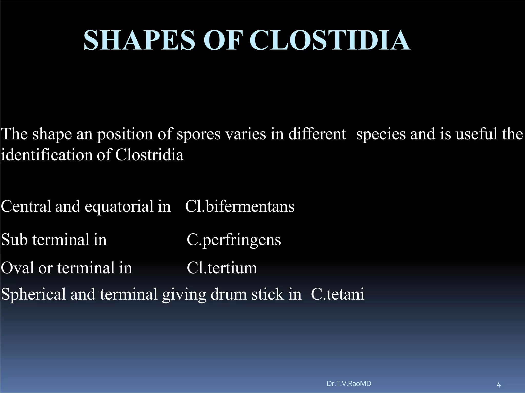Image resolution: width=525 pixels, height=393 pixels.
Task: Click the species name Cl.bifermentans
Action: (240, 206)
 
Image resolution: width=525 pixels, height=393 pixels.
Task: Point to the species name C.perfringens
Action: (234, 240)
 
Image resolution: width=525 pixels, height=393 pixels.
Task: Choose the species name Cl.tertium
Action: (222, 268)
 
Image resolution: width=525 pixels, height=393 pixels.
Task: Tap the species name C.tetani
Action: (337, 294)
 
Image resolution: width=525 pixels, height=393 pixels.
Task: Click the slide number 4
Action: (499, 385)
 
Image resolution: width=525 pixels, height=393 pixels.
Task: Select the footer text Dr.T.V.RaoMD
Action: (349, 384)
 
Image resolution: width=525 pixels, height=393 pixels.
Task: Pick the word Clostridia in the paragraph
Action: (149, 155)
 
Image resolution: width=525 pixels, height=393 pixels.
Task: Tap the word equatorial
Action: (119, 206)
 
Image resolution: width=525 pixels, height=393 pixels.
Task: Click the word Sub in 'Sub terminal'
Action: (14, 240)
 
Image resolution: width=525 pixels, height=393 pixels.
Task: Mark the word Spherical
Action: (33, 294)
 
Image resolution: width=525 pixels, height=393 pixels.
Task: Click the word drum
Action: (229, 294)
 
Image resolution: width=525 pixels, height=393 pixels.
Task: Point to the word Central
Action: (26, 206)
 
